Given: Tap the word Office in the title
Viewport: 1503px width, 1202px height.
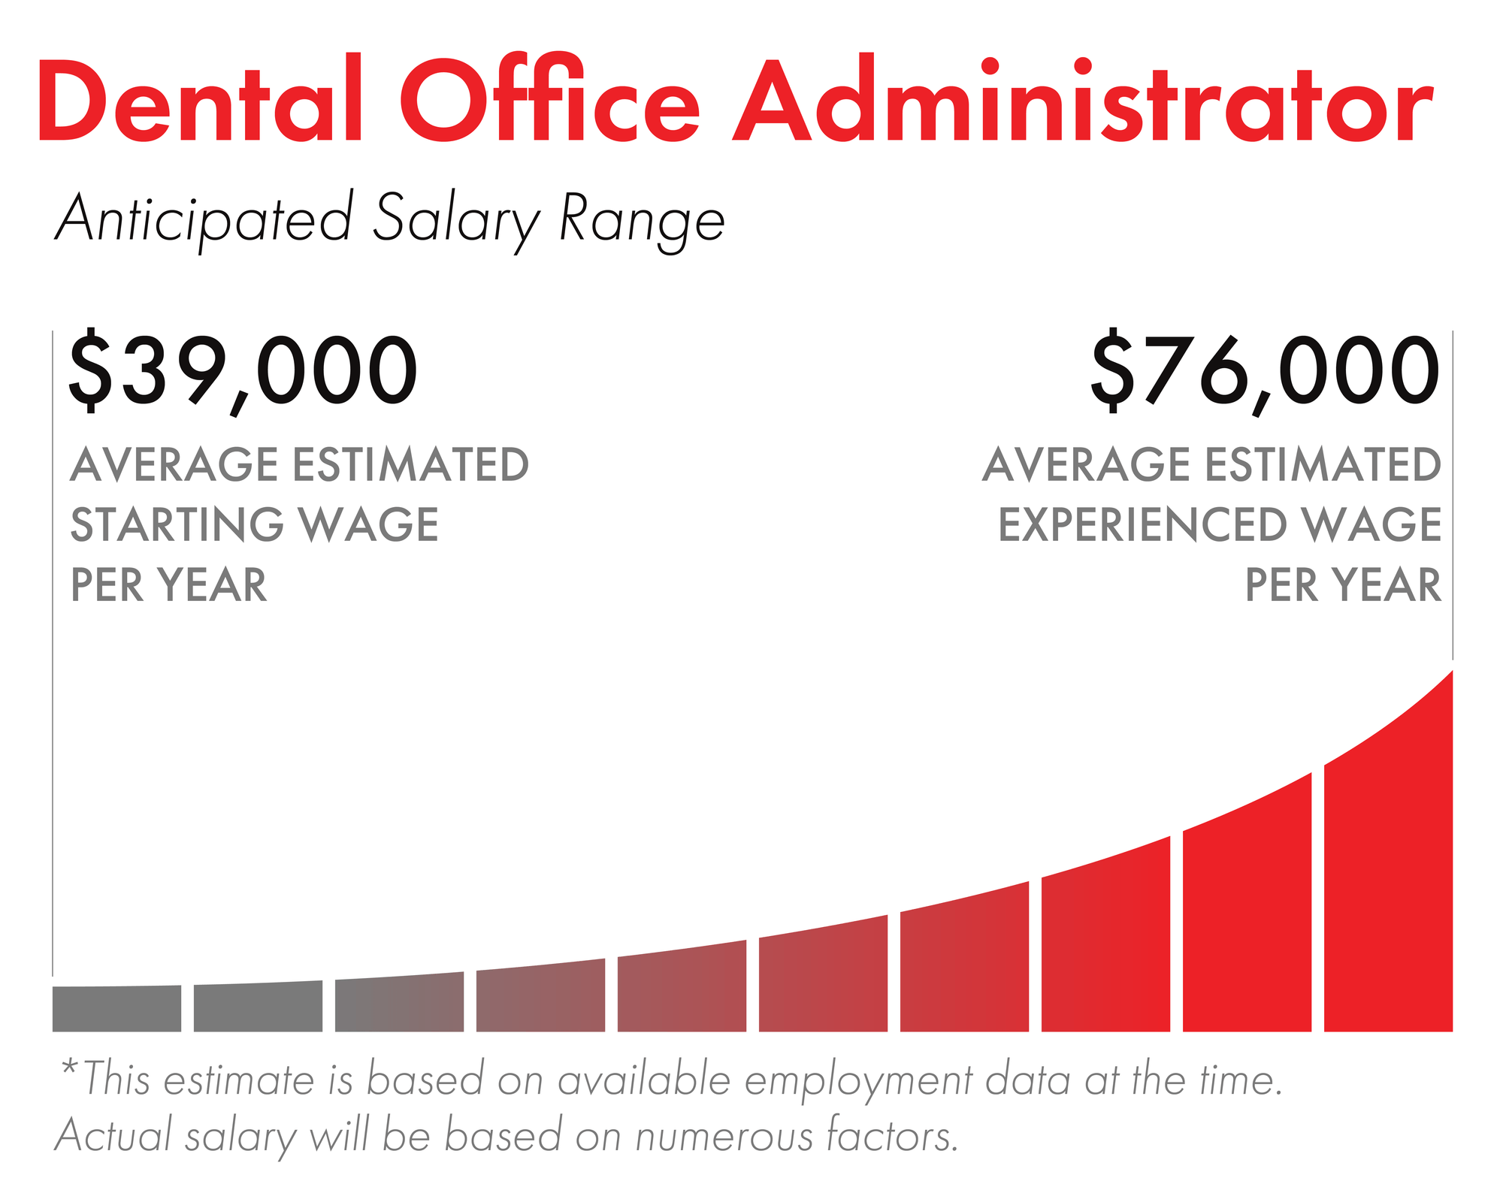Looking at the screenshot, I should coord(549,101).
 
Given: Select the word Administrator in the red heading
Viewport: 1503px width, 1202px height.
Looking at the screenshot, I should coord(1082,101).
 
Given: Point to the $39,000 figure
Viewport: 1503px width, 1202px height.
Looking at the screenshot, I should coord(243,372).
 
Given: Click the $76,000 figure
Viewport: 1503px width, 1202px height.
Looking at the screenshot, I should coord(1265,372).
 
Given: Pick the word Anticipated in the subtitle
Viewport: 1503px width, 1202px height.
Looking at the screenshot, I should coord(204,220).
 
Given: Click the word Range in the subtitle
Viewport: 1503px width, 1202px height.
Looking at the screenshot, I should coord(642,220).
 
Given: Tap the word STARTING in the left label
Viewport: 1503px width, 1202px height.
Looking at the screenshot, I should coord(177,524).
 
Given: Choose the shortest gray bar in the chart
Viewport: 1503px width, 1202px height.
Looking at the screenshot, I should coord(116,1008).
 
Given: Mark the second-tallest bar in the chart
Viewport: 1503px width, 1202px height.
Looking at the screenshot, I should coord(1247,932).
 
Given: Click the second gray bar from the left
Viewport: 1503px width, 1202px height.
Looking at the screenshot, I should coord(258,1007).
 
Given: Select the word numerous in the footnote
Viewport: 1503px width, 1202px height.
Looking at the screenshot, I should coord(724,1136).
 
